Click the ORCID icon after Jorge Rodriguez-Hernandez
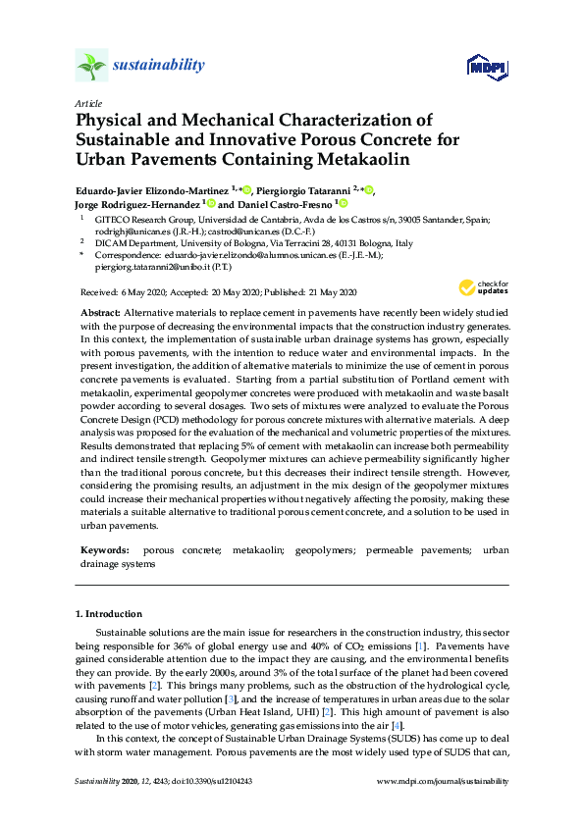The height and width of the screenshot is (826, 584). coord(211,203)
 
